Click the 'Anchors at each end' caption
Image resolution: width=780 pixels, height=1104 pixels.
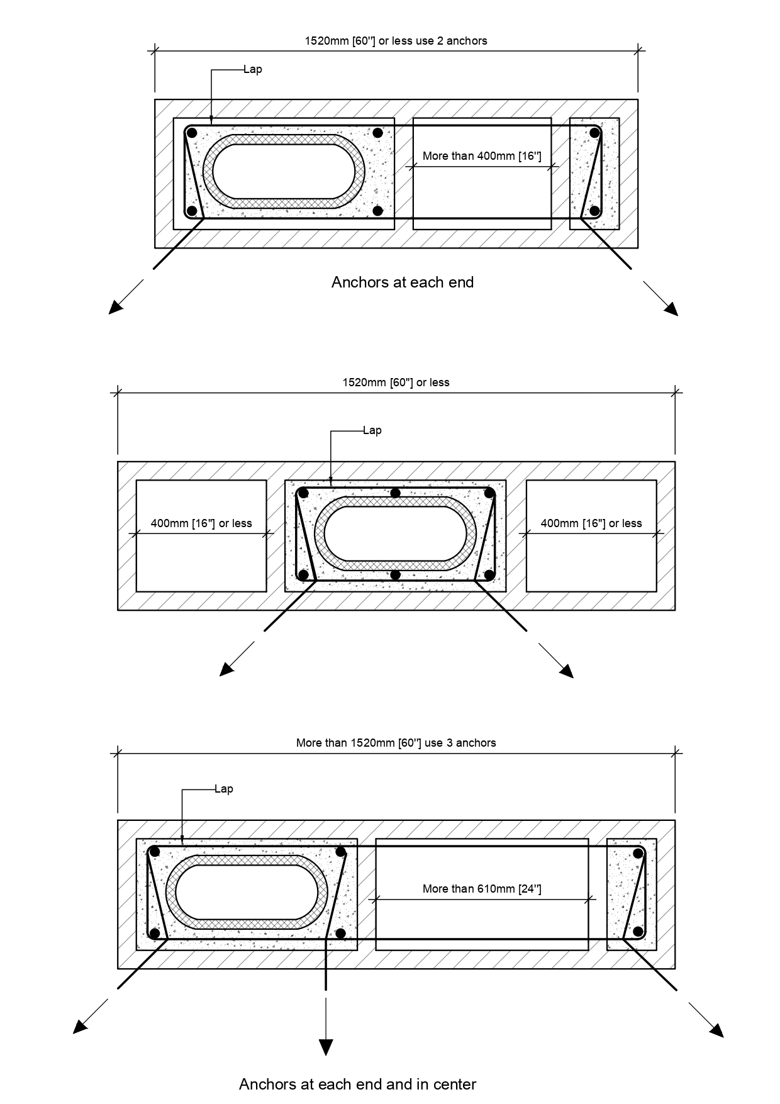(x=403, y=282)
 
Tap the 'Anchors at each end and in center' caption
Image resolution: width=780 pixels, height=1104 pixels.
(x=358, y=1084)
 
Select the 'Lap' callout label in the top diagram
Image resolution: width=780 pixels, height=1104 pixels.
(x=253, y=69)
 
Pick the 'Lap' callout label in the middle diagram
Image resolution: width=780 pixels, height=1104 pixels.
(x=372, y=430)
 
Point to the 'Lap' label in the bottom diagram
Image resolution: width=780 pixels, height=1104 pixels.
(x=224, y=789)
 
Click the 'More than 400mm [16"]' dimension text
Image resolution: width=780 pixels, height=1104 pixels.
(x=482, y=156)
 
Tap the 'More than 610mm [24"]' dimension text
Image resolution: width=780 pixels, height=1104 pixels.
(x=482, y=889)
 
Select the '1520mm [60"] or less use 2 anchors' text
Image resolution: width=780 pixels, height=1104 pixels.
(x=396, y=41)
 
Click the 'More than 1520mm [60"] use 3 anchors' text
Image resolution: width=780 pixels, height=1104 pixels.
(x=396, y=743)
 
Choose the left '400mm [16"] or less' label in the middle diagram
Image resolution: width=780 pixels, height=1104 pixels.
(x=201, y=523)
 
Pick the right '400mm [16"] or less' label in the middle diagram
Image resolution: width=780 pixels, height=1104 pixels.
(x=591, y=523)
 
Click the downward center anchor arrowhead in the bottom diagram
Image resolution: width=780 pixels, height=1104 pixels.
(x=326, y=1047)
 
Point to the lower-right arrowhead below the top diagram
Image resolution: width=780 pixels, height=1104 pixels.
(x=671, y=308)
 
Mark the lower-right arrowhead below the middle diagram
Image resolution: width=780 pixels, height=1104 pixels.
(x=567, y=671)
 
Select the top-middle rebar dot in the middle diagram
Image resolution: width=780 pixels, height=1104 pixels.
(x=395, y=493)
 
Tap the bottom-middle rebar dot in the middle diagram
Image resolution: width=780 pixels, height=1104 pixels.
(x=395, y=574)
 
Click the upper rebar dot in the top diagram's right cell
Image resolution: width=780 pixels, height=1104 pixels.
(x=594, y=133)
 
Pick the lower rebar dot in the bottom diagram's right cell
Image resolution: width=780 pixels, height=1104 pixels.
(x=638, y=932)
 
